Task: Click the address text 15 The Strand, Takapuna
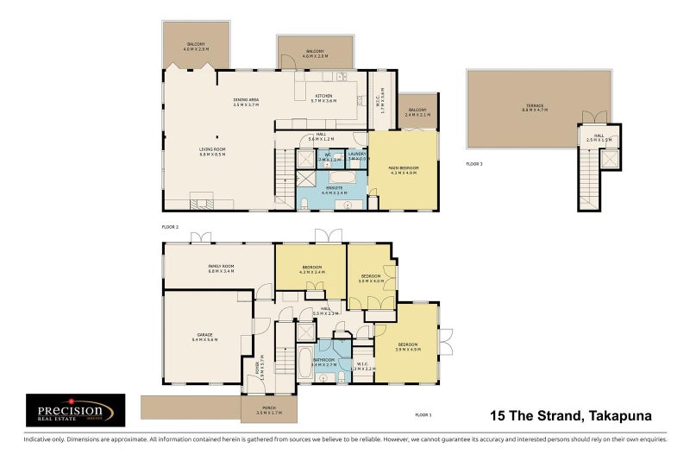pyautogui.click(x=571, y=416)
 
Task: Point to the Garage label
pyautogui.click(x=204, y=338)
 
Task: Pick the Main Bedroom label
pyautogui.click(x=404, y=170)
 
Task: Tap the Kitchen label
pyautogui.click(x=323, y=98)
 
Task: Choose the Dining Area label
pyautogui.click(x=246, y=102)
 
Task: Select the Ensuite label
pyautogui.click(x=334, y=189)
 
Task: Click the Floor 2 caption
pyautogui.click(x=169, y=226)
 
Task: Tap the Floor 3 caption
pyautogui.click(x=474, y=163)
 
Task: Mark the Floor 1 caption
pyautogui.click(x=423, y=414)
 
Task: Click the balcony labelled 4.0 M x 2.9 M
pyautogui.click(x=196, y=47)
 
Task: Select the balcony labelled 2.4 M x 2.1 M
pyautogui.click(x=417, y=111)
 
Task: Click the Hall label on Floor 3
pyautogui.click(x=598, y=139)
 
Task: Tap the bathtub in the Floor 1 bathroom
pyautogui.click(x=304, y=363)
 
